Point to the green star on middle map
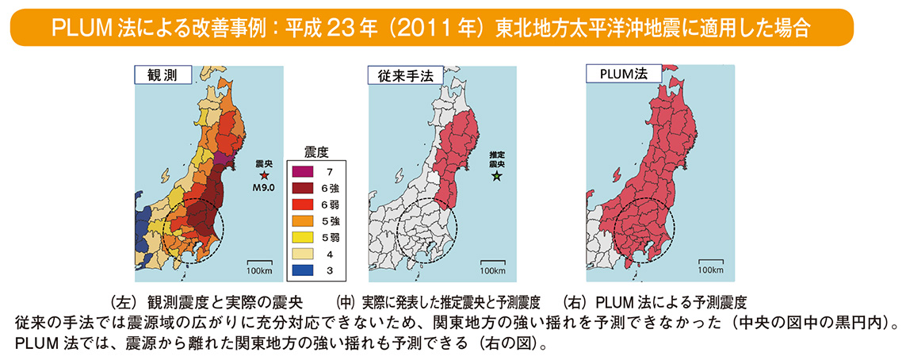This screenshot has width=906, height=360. (496, 178)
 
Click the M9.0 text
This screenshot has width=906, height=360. (265, 188)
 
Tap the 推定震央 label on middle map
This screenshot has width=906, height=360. (496, 159)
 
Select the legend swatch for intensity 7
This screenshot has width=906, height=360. (308, 170)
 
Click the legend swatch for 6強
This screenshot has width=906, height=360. (308, 187)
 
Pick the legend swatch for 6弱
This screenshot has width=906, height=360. (308, 204)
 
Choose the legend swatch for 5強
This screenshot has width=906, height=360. (308, 220)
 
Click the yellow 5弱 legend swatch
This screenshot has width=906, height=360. (308, 237)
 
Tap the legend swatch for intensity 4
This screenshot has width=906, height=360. (308, 254)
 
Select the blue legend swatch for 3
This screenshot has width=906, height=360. (308, 270)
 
